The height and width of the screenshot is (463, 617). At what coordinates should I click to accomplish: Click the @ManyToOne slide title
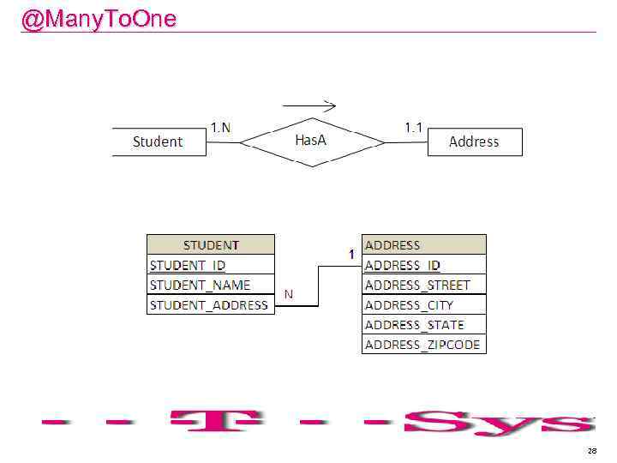pos(99,19)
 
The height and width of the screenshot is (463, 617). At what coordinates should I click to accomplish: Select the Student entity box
pos(159,141)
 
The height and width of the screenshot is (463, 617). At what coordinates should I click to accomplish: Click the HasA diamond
pos(311,141)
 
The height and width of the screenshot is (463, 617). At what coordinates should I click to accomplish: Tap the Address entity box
pos(474,141)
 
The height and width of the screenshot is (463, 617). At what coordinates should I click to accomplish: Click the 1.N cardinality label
pos(220,128)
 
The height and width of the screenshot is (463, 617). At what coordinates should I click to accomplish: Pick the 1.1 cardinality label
pos(414,127)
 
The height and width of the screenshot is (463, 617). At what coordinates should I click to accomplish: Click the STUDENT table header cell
pos(211,245)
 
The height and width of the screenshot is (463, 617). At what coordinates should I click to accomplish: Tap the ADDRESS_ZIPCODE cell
pos(423,345)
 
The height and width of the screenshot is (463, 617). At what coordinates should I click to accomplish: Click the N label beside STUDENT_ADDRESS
pos(289,294)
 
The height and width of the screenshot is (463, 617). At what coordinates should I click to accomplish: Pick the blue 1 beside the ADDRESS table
pos(351,255)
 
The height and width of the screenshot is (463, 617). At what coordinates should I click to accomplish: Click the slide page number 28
pos(591,451)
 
